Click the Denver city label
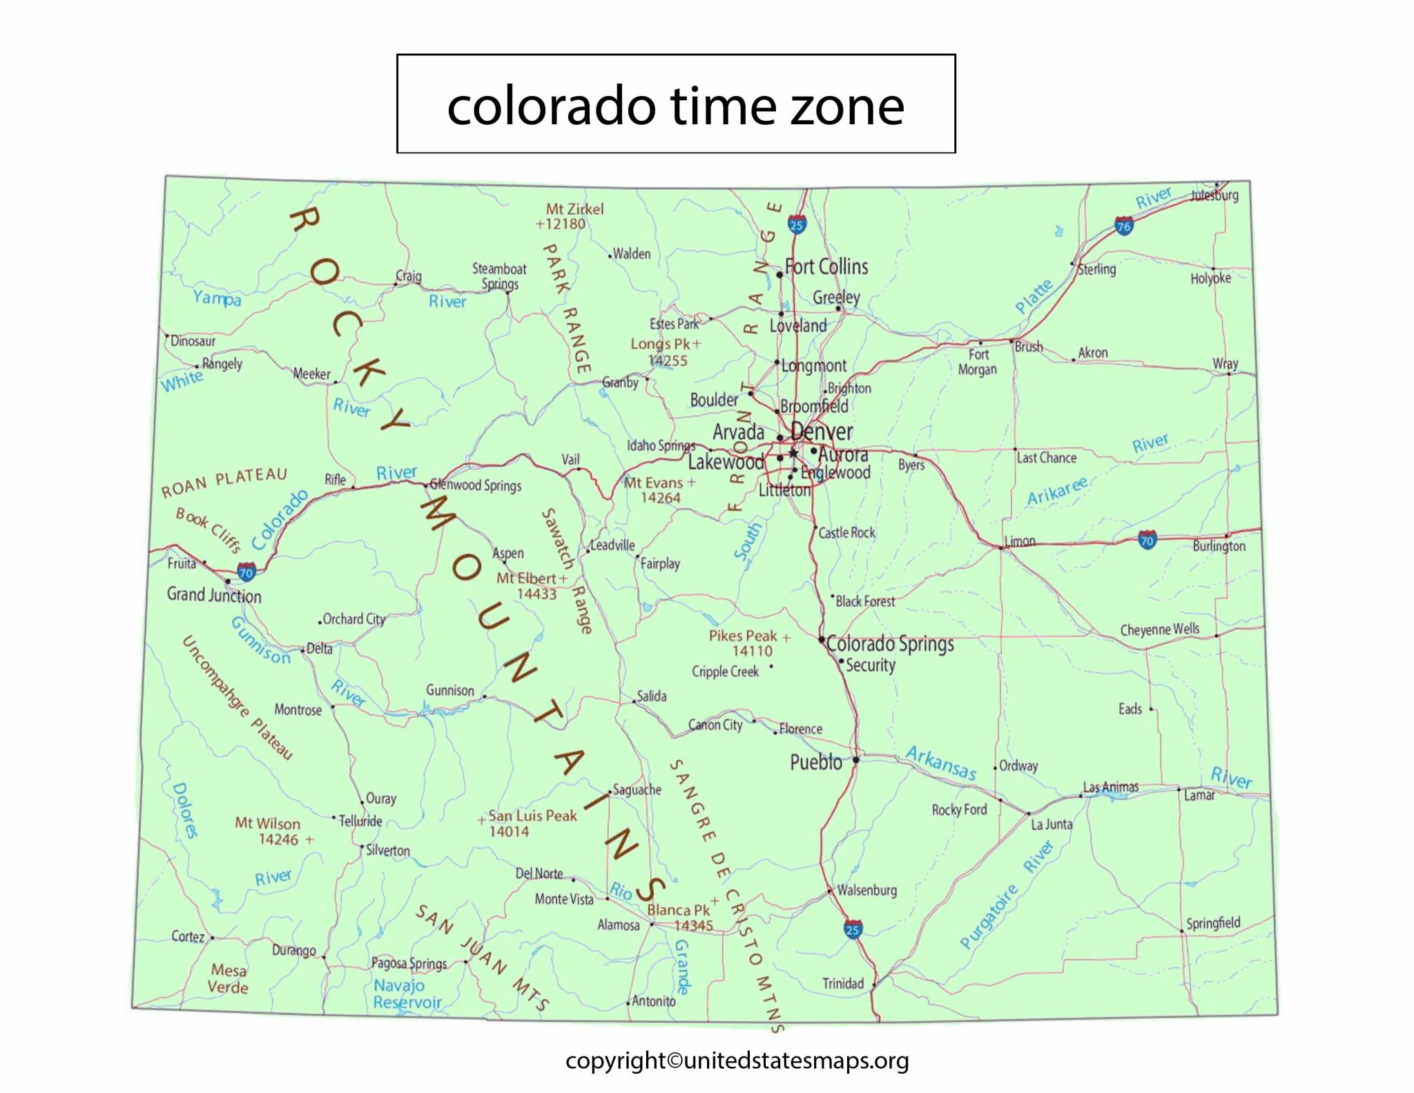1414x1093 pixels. point(822,432)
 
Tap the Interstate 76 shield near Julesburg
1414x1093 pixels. point(1124,226)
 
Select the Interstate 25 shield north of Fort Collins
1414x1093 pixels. point(797,224)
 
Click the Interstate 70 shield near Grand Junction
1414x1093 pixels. point(246,572)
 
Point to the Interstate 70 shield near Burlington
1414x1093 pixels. point(1147,540)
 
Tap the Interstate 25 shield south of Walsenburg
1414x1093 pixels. point(853,929)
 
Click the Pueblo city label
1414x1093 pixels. point(816,762)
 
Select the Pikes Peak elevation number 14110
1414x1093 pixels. point(752,651)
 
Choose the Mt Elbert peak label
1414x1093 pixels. point(526,579)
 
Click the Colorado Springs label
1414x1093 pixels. point(890,644)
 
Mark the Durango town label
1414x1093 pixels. point(293,950)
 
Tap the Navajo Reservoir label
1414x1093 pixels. point(407,994)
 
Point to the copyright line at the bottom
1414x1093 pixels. point(737,1061)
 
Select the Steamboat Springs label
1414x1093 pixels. point(499,276)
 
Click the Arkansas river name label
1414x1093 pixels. point(941,762)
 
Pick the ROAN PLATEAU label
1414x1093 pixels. point(224,482)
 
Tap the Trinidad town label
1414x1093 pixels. point(843,983)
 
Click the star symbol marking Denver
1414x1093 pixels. point(793,454)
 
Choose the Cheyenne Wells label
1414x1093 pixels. point(1159,630)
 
